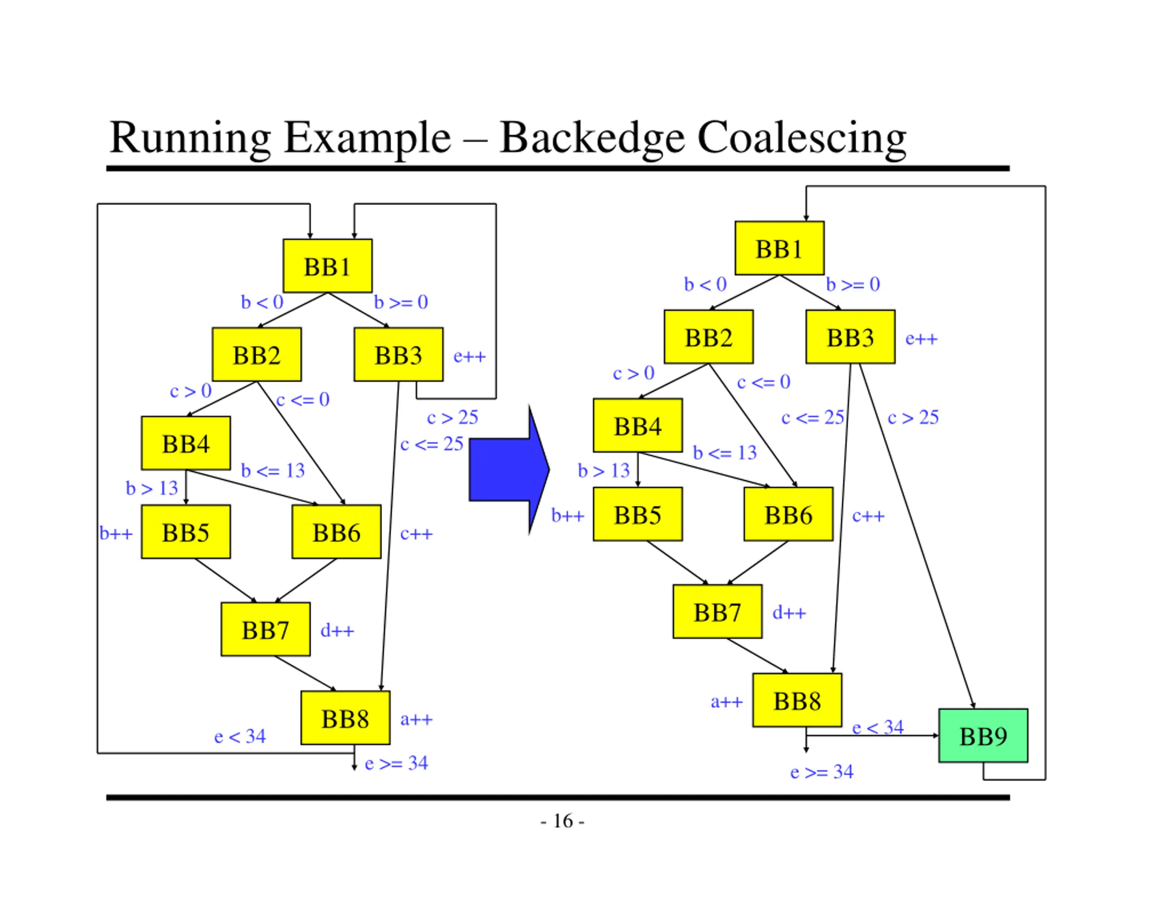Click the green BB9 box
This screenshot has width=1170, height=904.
[x=983, y=735]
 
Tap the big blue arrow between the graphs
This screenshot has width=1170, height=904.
[x=509, y=469]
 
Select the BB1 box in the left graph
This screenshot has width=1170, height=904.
[x=327, y=266]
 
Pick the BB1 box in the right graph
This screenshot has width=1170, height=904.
[x=779, y=248]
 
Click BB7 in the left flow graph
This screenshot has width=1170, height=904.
[x=265, y=629]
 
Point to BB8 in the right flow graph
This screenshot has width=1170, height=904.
[x=797, y=700]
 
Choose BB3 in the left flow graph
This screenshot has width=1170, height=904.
[x=399, y=354]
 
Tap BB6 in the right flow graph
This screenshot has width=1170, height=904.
[x=788, y=514]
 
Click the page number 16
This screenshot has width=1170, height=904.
[x=563, y=820]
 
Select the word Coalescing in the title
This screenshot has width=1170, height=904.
[x=802, y=138]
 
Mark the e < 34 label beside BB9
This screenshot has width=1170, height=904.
[x=877, y=727]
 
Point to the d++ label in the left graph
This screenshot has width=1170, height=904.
[x=337, y=630]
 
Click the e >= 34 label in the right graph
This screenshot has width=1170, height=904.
[x=822, y=771]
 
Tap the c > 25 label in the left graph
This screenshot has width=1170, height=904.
[x=452, y=417]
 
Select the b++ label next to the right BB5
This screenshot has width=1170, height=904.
[x=568, y=515]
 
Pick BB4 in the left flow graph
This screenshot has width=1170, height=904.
[x=186, y=443]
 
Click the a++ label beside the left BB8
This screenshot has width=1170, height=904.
[x=416, y=719]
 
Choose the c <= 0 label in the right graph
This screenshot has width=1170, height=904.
[x=763, y=382]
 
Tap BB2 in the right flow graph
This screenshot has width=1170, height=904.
[x=709, y=336]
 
